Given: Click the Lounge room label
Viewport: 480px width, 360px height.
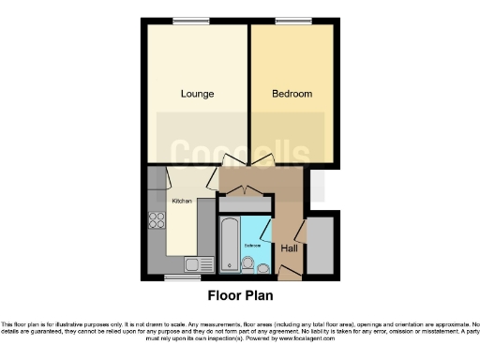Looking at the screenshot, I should (x=198, y=94).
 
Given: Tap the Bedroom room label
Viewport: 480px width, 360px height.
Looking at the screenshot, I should (x=292, y=94).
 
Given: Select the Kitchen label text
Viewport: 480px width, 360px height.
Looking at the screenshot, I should (x=181, y=201).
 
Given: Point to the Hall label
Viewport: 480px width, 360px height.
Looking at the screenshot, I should (x=291, y=247).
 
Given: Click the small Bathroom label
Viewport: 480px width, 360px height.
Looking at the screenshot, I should (x=252, y=246).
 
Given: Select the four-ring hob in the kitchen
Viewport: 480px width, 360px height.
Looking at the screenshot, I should (x=157, y=223).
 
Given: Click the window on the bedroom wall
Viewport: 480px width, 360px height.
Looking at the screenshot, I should (x=288, y=21).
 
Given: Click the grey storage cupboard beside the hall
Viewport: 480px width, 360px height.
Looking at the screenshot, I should (x=320, y=246).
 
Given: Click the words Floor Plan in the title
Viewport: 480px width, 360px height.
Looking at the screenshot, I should (x=239, y=296).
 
